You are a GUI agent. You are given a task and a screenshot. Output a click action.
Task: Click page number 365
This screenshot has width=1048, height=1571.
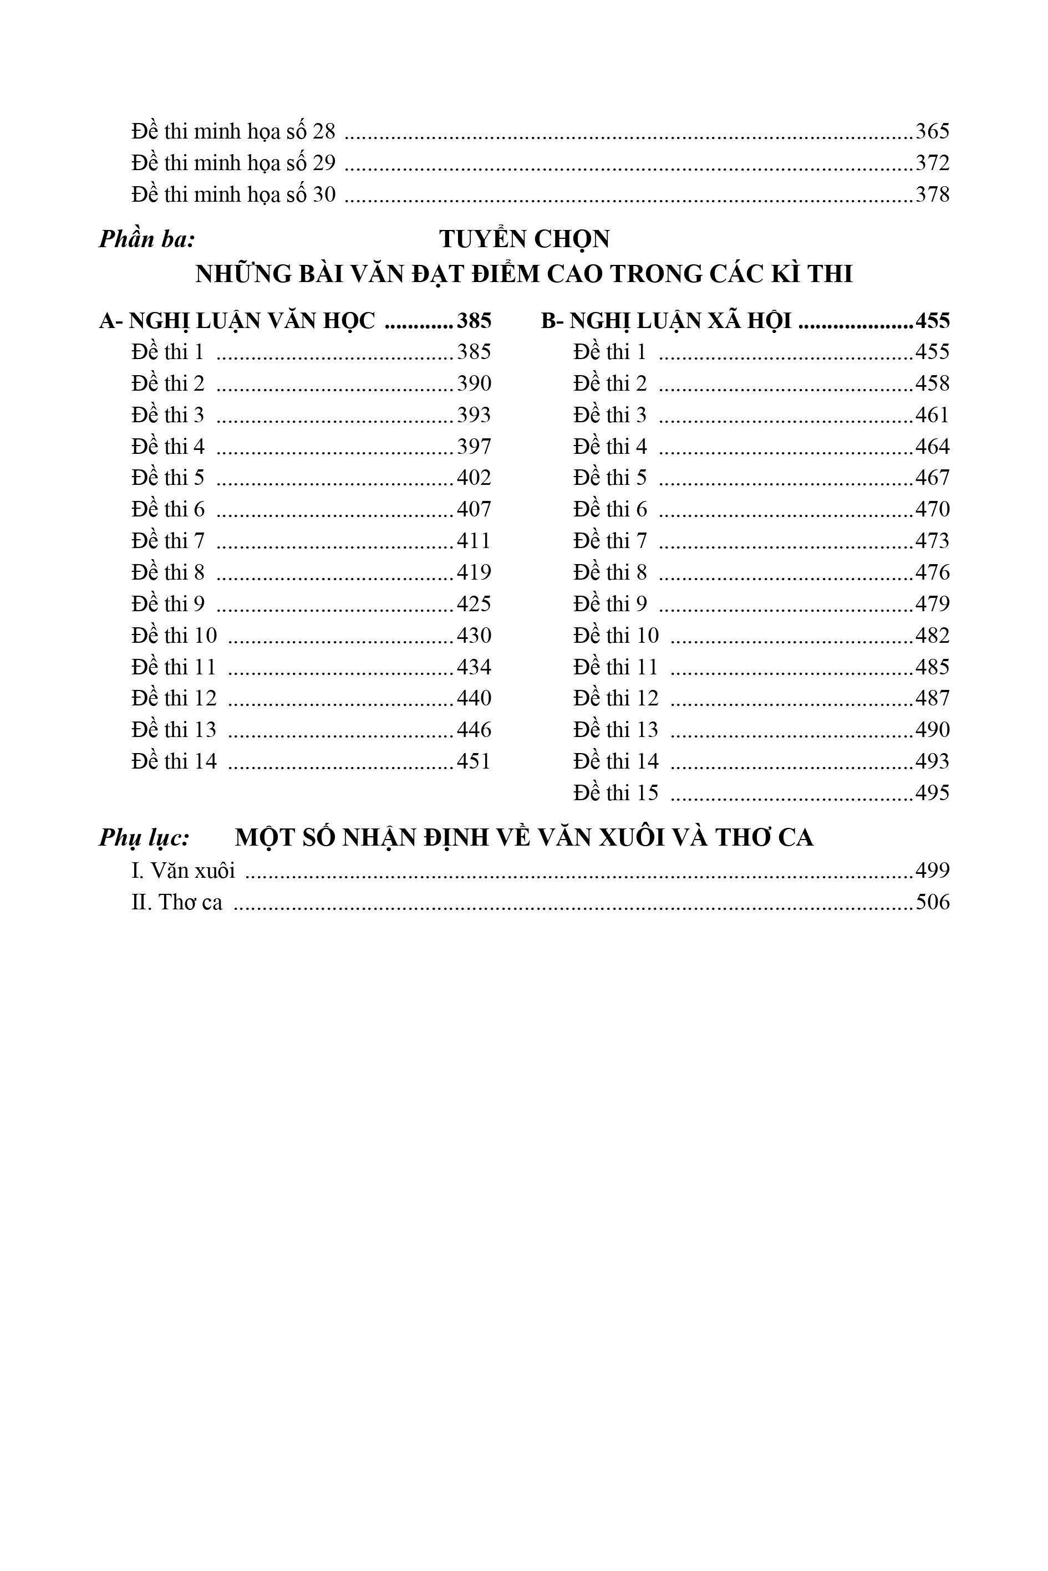pyautogui.click(x=932, y=131)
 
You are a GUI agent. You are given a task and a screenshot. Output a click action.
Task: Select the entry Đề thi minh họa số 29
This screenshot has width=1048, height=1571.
pyautogui.click(x=233, y=163)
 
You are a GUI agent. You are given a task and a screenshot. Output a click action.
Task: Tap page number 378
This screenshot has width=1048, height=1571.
pyautogui.click(x=932, y=195)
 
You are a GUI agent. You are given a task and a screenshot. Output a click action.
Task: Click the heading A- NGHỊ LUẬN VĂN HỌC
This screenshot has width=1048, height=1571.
pyautogui.click(x=237, y=321)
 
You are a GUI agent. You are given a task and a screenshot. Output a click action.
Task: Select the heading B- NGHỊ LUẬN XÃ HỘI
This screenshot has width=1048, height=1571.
pyautogui.click(x=666, y=321)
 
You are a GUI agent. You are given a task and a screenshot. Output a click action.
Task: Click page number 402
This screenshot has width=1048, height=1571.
pyautogui.click(x=474, y=478)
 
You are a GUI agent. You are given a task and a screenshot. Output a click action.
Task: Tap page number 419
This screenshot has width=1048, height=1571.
pyautogui.click(x=474, y=572)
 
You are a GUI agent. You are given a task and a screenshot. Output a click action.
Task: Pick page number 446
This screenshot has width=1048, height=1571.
pyautogui.click(x=474, y=729)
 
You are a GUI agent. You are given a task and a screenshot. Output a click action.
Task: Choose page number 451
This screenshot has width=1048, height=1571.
pyautogui.click(x=474, y=761)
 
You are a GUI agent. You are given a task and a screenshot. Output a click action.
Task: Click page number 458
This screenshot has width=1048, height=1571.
pyautogui.click(x=932, y=383)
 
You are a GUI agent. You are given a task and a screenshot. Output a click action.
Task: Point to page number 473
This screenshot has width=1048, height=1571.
pyautogui.click(x=932, y=540)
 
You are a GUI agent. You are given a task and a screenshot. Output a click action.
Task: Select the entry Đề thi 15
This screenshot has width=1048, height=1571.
pyautogui.click(x=615, y=793)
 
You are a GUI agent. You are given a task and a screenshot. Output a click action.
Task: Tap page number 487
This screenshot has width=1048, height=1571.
pyautogui.click(x=932, y=698)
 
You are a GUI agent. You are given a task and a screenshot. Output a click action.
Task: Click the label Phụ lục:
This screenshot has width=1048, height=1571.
pyautogui.click(x=144, y=838)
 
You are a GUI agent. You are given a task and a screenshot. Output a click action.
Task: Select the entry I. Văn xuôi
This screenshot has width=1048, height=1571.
pyautogui.click(x=183, y=871)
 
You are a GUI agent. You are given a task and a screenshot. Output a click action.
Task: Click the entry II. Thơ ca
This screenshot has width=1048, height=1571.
pyautogui.click(x=177, y=902)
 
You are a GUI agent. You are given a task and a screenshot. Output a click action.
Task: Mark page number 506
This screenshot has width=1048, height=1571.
pyautogui.click(x=932, y=902)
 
